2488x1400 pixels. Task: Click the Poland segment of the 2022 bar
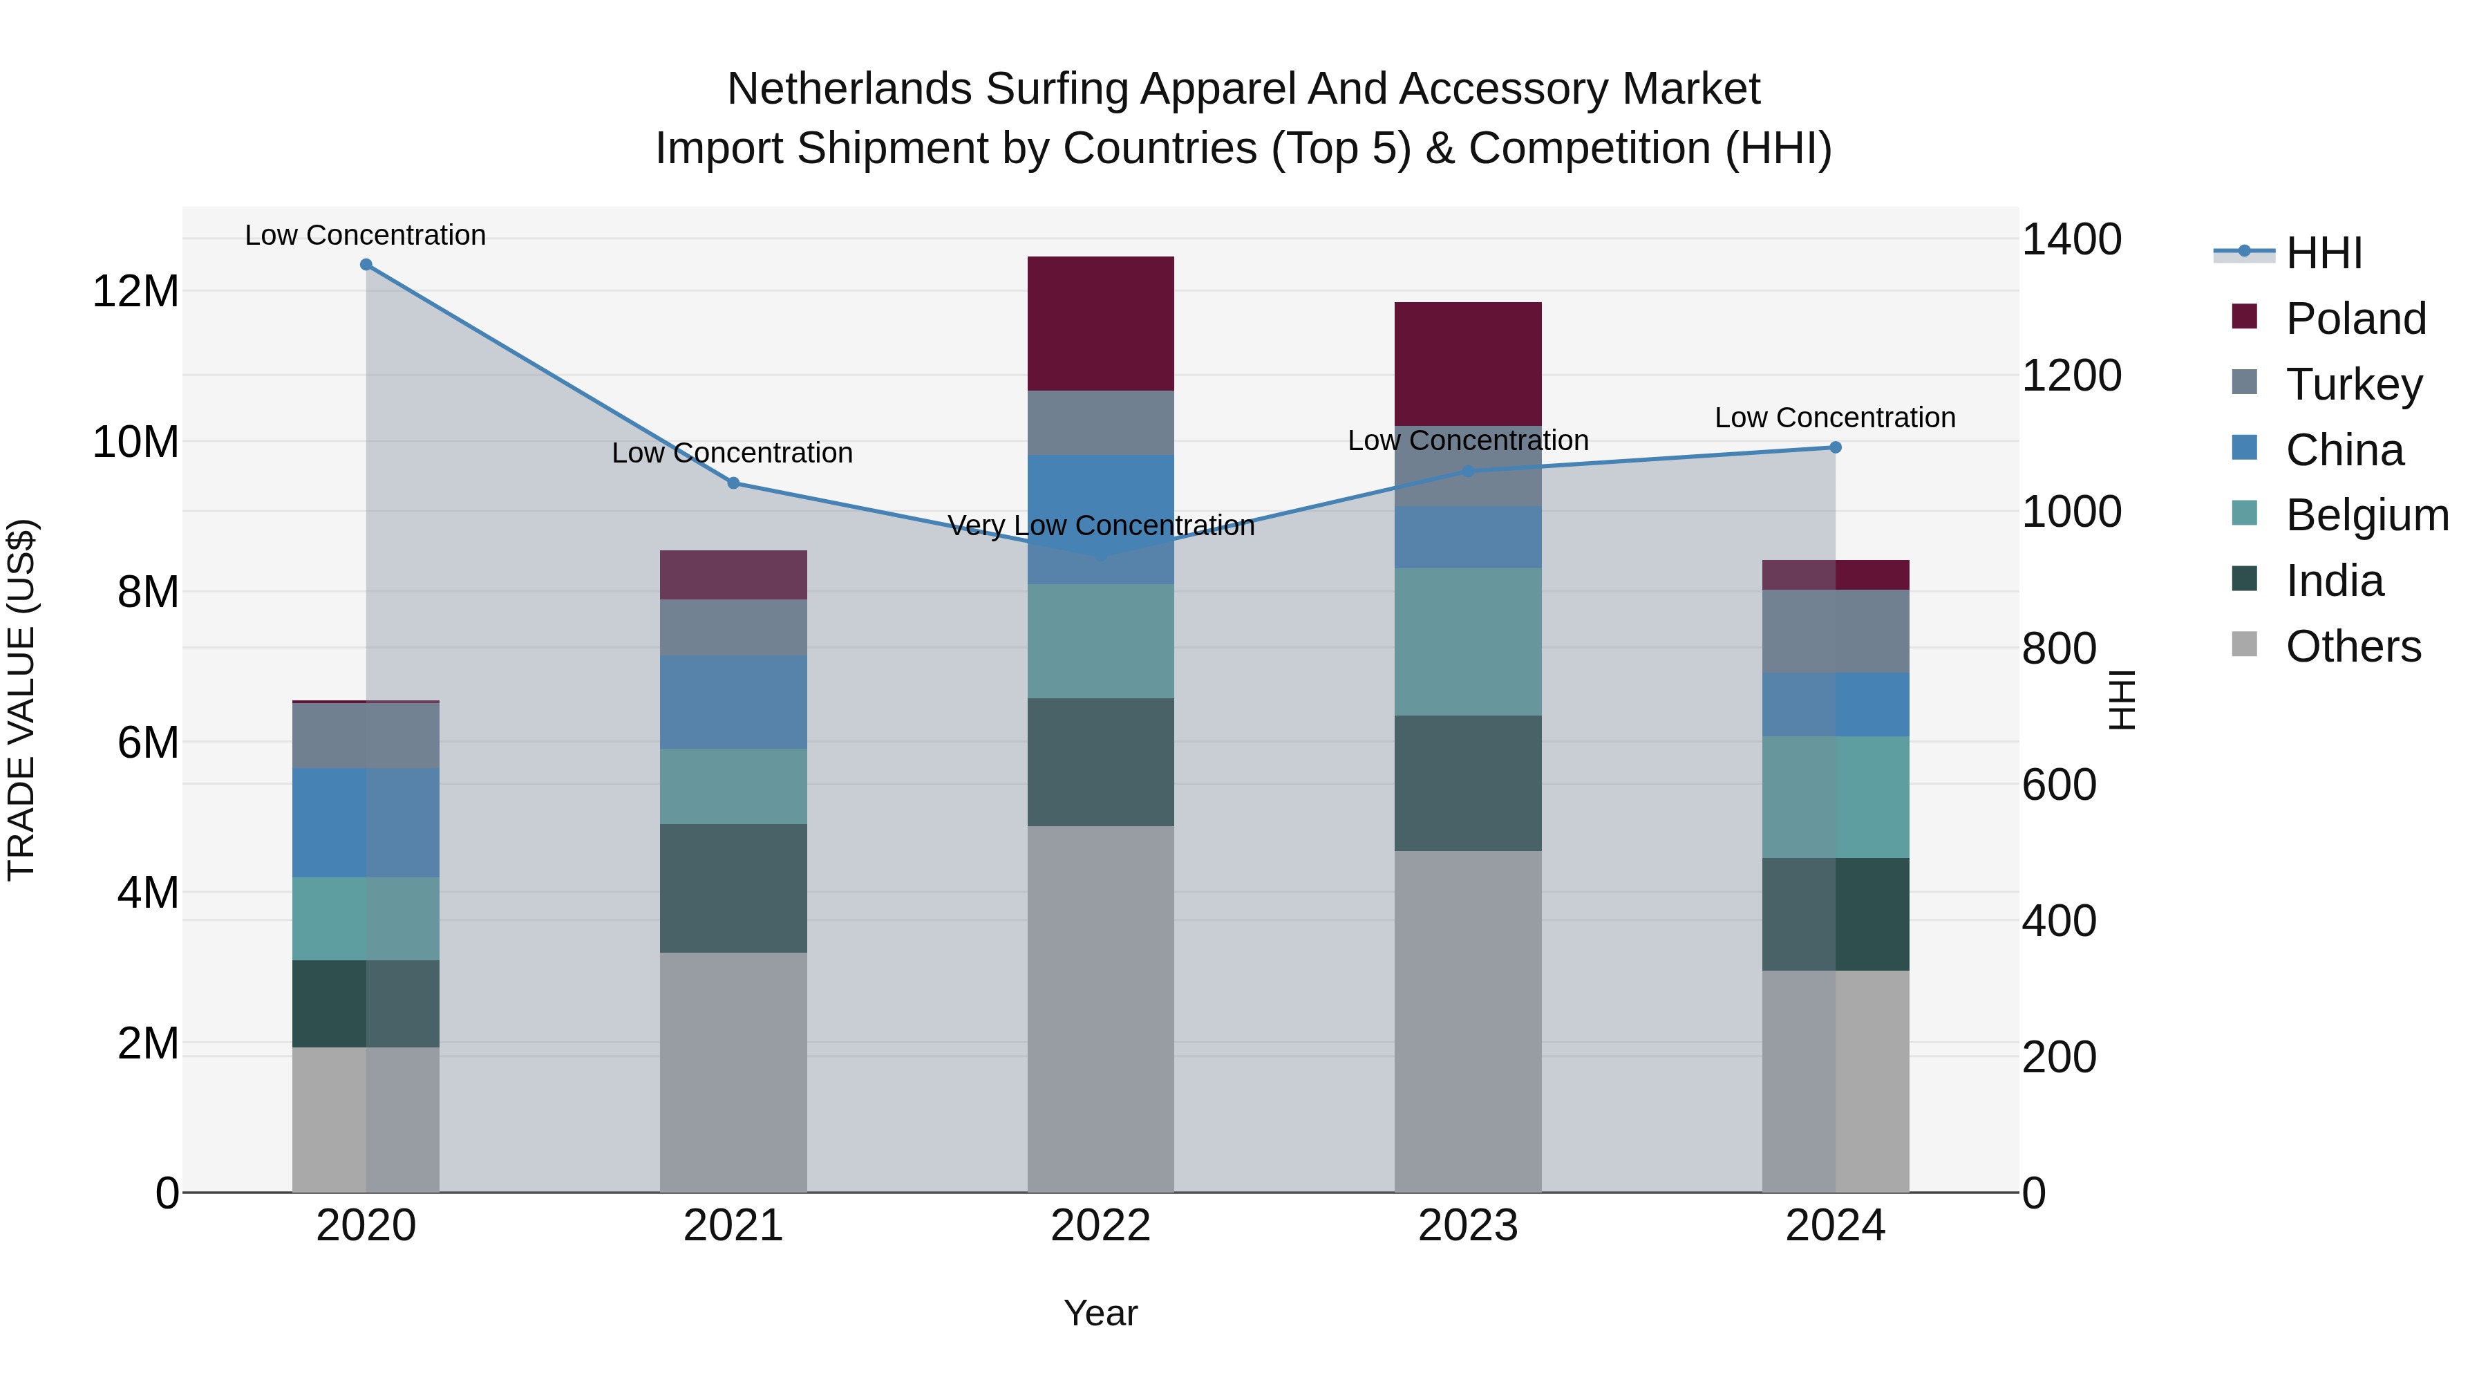pyautogui.click(x=1100, y=324)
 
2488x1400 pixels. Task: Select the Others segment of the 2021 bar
pyautogui.click(x=733, y=1072)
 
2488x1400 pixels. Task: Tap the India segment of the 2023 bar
pyautogui.click(x=1467, y=783)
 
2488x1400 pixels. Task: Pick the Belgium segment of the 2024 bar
pyautogui.click(x=1835, y=797)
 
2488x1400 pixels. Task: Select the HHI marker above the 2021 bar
pyautogui.click(x=733, y=483)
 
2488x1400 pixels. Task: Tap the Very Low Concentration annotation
pyautogui.click(x=1101, y=525)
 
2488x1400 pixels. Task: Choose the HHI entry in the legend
pyautogui.click(x=2324, y=253)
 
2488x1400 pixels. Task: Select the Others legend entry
pyautogui.click(x=2353, y=646)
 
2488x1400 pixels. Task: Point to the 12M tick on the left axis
pyautogui.click(x=135, y=291)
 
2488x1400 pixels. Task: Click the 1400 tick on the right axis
pyautogui.click(x=2071, y=240)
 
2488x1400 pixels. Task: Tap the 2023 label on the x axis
pyautogui.click(x=1467, y=1226)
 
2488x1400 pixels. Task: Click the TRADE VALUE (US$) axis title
pyautogui.click(x=21, y=700)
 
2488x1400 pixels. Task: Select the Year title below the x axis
pyautogui.click(x=1100, y=1313)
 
